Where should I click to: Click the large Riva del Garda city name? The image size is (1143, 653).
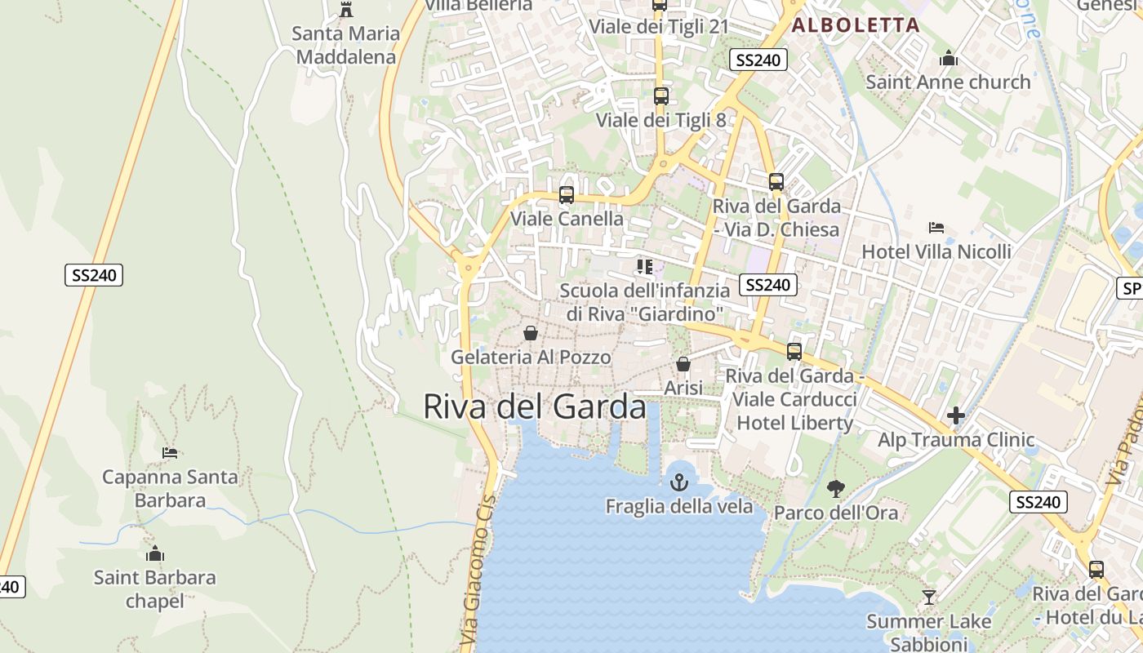pyautogui.click(x=535, y=406)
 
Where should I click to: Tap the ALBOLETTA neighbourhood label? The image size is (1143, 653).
pyautogui.click(x=856, y=24)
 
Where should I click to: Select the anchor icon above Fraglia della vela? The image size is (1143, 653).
pyautogui.click(x=679, y=482)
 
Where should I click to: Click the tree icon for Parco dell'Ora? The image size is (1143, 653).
pyautogui.click(x=835, y=489)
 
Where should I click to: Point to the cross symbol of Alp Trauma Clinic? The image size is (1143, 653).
pyautogui.click(x=956, y=415)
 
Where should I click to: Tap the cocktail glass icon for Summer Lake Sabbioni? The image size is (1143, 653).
pyautogui.click(x=928, y=597)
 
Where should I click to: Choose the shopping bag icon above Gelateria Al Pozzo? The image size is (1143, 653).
pyautogui.click(x=531, y=333)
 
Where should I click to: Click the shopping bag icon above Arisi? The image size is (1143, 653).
pyautogui.click(x=683, y=364)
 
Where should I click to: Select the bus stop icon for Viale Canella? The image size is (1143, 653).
pyautogui.click(x=567, y=195)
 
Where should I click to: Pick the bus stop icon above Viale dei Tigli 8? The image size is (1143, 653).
pyautogui.click(x=661, y=96)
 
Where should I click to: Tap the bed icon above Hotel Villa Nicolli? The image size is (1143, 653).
pyautogui.click(x=936, y=228)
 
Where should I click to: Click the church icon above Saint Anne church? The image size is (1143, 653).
pyautogui.click(x=949, y=58)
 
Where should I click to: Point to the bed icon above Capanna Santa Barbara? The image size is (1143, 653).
pyautogui.click(x=170, y=452)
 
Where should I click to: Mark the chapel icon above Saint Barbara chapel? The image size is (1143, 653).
pyautogui.click(x=155, y=554)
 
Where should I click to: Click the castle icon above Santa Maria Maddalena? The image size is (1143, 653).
pyautogui.click(x=346, y=10)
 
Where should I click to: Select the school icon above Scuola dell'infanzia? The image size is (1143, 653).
pyautogui.click(x=645, y=267)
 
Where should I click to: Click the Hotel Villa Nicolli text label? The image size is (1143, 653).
pyautogui.click(x=936, y=251)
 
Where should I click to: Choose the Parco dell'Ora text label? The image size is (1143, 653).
pyautogui.click(x=835, y=513)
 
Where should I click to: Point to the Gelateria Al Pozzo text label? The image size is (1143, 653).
pyautogui.click(x=531, y=357)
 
